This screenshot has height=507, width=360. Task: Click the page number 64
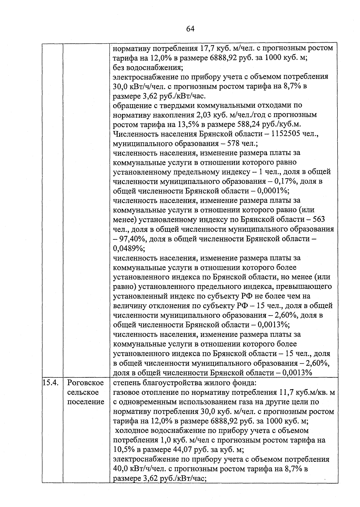(190, 29)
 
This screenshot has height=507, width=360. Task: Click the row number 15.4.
(50, 383)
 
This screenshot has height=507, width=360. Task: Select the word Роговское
(85, 383)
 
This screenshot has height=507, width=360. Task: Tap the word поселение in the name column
(85, 402)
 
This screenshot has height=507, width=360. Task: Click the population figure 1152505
(286, 134)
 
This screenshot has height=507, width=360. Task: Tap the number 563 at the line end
(319, 220)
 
